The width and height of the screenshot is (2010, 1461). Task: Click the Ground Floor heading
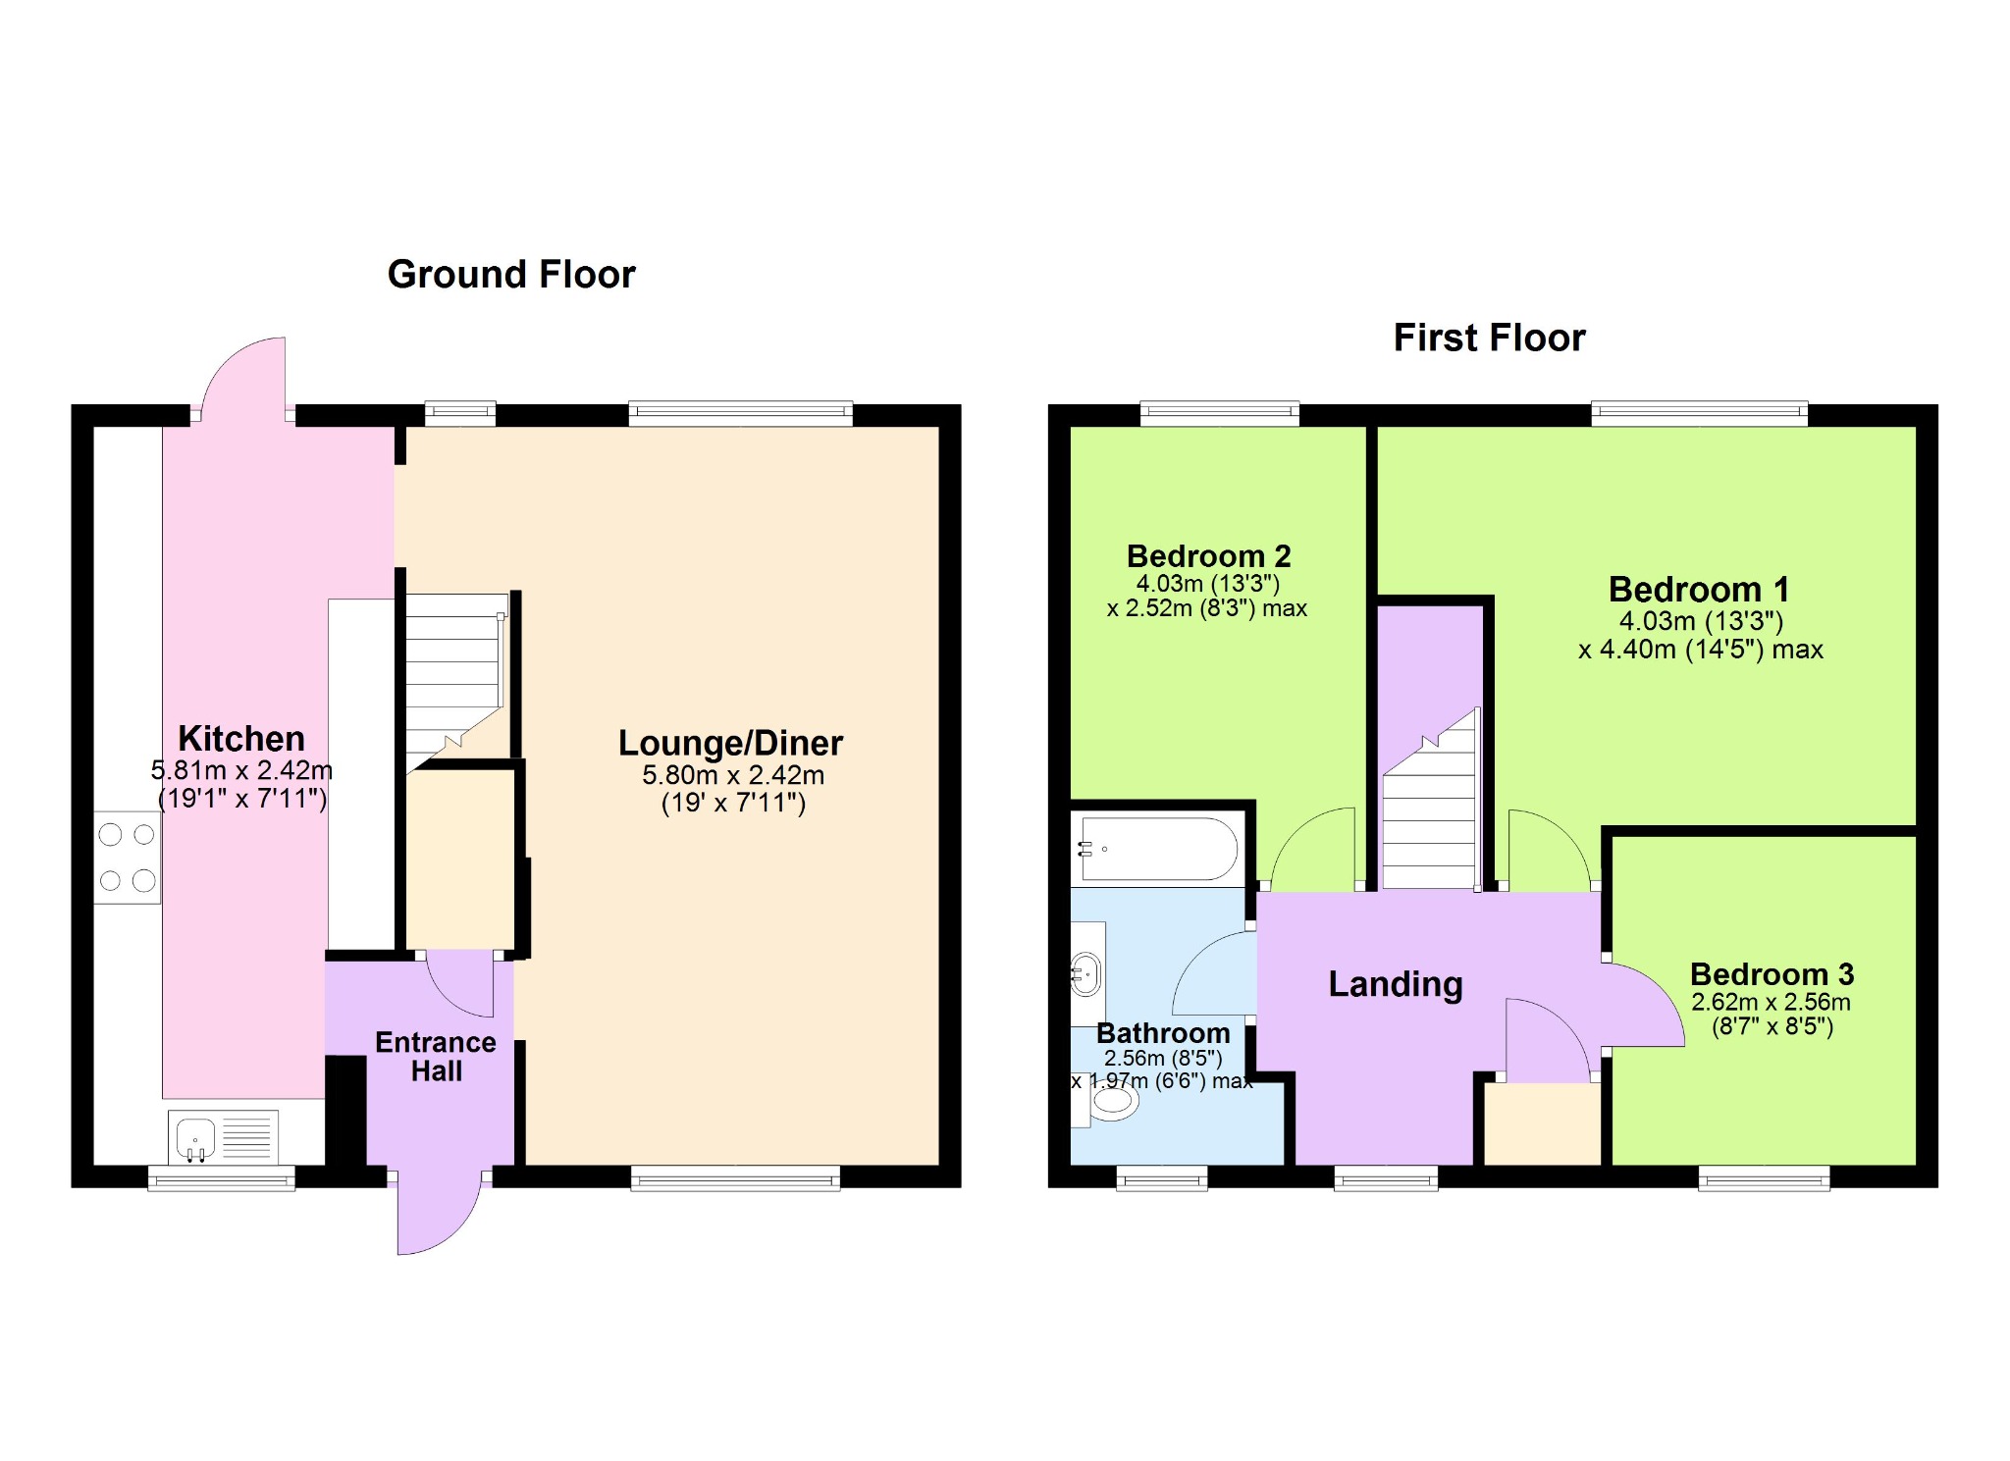pos(511,275)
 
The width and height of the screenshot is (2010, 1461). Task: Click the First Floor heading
pos(1489,338)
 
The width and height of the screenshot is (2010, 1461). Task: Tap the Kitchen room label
pos(241,738)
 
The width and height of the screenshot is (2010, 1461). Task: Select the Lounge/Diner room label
pos(730,743)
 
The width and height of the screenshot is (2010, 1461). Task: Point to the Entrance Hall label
pos(436,1056)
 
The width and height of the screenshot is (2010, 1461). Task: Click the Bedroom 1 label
pos(1699,589)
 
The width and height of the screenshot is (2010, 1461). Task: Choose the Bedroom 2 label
pos(1208,555)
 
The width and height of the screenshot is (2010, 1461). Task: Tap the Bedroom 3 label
pos(1772,973)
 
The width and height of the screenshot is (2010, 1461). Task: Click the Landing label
pos(1396,983)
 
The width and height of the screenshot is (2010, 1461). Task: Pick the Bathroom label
pos(1163,1032)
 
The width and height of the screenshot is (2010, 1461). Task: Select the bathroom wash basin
pos(1086,974)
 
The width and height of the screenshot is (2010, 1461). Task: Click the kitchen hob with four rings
pos(128,858)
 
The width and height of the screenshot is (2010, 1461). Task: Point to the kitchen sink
pos(223,1136)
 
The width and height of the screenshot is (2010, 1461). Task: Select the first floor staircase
pos(1430,799)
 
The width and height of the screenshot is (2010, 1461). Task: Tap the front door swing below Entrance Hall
pos(439,1214)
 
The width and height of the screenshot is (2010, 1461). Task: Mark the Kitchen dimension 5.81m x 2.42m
pos(241,770)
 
